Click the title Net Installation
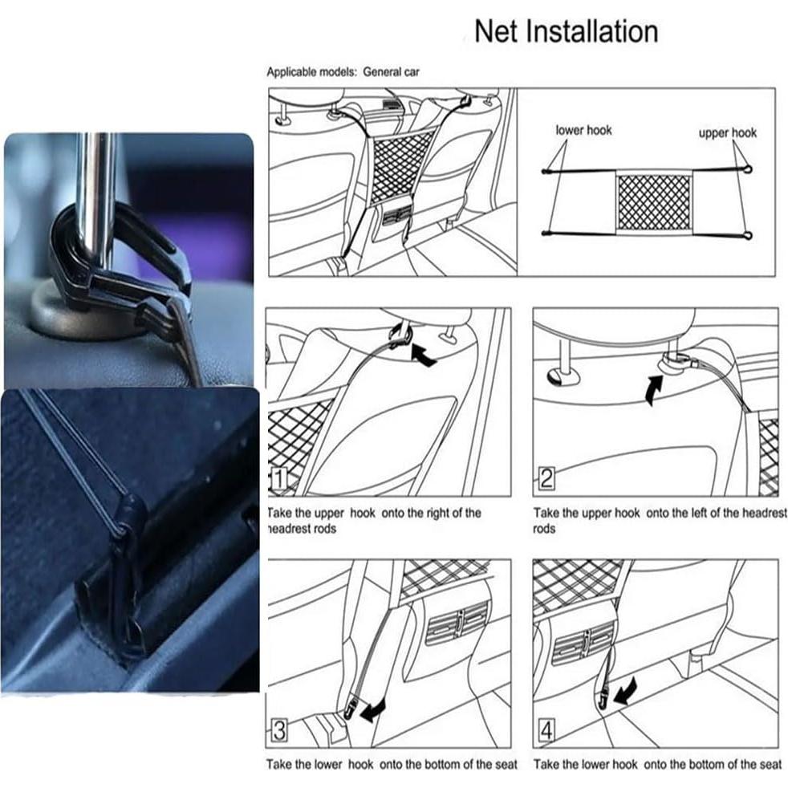(566, 32)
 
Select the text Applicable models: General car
(343, 72)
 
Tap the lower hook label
(583, 130)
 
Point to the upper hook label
(727, 133)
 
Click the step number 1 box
(278, 481)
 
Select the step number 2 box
(546, 481)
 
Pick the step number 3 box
(278, 732)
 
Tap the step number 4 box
(546, 732)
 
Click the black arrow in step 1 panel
(424, 354)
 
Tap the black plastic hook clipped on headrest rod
(120, 257)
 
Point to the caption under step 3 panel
(392, 765)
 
